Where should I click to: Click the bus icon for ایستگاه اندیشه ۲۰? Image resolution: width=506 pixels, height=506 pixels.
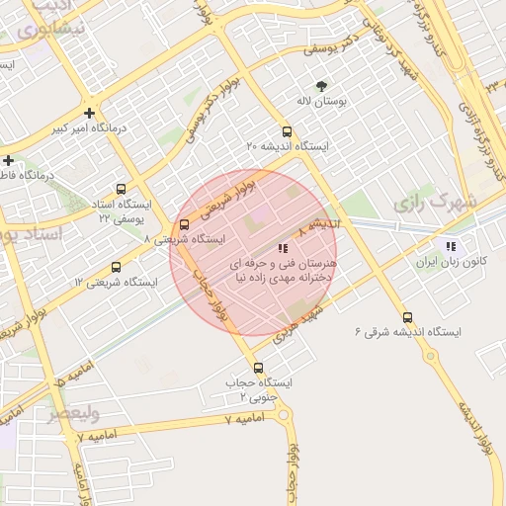[287, 130]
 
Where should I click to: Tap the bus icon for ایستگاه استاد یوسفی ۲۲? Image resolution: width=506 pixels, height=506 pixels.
[121, 189]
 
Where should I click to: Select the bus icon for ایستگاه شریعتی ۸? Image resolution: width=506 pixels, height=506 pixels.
[184, 223]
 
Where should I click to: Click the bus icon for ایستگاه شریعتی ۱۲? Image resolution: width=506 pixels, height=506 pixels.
[117, 267]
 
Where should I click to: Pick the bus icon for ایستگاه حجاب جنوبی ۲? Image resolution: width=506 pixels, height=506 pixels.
[258, 368]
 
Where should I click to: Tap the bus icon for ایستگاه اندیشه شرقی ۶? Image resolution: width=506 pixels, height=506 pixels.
[408, 318]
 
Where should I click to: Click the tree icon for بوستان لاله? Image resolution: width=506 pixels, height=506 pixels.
[320, 85]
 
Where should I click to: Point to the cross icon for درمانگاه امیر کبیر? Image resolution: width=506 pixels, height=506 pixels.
[90, 113]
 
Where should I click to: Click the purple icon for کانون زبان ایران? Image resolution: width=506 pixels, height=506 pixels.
[452, 246]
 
